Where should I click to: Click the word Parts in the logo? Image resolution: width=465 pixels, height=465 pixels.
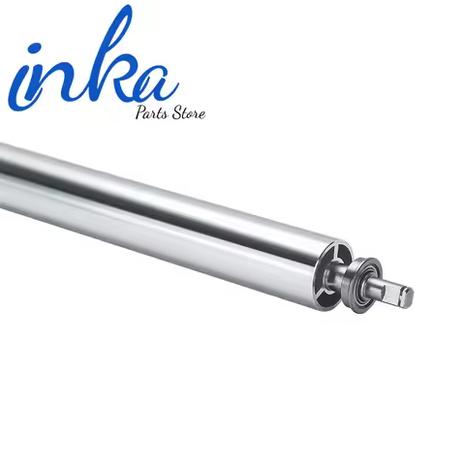[x=152, y=112]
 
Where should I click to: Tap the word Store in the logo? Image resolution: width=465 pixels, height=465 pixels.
[x=188, y=113]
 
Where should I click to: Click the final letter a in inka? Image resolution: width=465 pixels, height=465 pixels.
[x=155, y=82]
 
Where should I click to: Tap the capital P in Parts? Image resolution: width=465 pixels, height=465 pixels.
[x=141, y=112]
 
